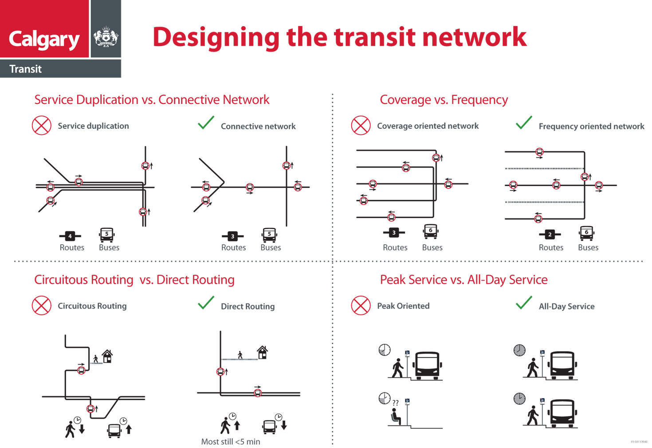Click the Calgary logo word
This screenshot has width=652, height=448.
(44, 39)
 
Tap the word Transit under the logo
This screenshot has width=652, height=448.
(25, 69)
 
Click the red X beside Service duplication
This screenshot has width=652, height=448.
(42, 126)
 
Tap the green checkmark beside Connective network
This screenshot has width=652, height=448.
(206, 123)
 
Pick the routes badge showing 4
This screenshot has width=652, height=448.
(70, 236)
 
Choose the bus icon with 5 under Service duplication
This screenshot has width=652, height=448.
(107, 234)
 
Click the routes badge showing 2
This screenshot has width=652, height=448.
(550, 234)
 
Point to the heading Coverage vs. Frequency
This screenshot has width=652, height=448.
(444, 100)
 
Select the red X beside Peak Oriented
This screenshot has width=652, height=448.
(361, 305)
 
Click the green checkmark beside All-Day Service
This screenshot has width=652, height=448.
(524, 303)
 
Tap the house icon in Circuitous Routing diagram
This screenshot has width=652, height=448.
(107, 356)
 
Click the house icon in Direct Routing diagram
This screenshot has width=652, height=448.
(263, 353)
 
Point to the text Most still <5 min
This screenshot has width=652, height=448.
(231, 442)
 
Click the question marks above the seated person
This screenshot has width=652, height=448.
(395, 403)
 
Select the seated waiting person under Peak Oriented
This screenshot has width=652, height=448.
(396, 417)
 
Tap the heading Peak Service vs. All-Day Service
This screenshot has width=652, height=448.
(463, 280)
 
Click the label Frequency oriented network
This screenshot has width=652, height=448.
(591, 127)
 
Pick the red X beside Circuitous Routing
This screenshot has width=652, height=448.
(42, 305)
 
